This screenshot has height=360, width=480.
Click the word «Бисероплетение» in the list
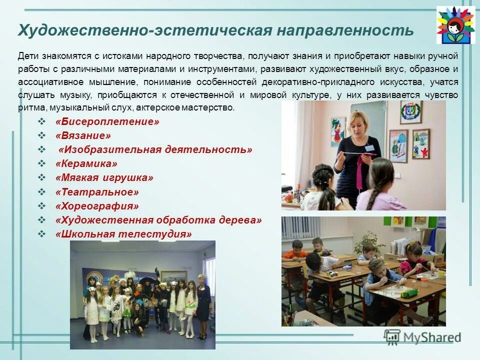click(107, 121)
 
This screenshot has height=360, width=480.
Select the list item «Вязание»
click(83, 135)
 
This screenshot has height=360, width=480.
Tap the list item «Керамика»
click(87, 163)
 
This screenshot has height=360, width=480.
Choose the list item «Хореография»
click(97, 206)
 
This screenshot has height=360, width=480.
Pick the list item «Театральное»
click(97, 192)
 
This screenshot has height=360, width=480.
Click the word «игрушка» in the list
click(127, 177)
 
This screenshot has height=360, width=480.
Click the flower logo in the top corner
click(455, 25)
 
